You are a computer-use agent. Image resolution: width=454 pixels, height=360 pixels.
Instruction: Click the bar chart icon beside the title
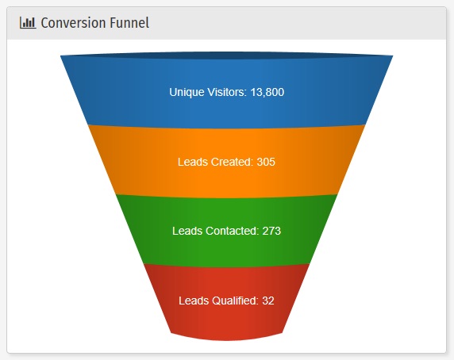28,23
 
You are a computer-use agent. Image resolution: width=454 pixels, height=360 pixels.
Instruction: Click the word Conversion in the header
74,23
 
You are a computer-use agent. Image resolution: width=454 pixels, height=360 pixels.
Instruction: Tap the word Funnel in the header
129,23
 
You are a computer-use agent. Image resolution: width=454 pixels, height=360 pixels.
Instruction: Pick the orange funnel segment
227,162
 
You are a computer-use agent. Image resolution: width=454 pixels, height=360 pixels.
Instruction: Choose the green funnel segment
227,231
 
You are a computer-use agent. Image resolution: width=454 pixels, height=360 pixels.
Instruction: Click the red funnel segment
227,301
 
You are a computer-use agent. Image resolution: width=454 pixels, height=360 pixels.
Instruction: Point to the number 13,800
267,92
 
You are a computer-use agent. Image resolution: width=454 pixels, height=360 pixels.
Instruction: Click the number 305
266,162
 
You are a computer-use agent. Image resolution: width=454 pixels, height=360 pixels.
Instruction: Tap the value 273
271,231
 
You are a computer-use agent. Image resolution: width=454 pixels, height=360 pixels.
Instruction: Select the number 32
268,301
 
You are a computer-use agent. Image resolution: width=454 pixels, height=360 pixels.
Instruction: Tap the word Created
232,162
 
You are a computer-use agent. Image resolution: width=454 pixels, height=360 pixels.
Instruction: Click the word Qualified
235,301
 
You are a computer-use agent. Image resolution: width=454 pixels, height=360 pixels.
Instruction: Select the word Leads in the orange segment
193,162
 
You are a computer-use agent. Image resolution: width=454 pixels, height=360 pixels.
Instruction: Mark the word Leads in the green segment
187,231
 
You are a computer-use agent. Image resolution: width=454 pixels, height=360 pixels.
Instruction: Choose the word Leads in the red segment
194,301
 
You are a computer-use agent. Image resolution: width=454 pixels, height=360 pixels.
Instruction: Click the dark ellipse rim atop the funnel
227,56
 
